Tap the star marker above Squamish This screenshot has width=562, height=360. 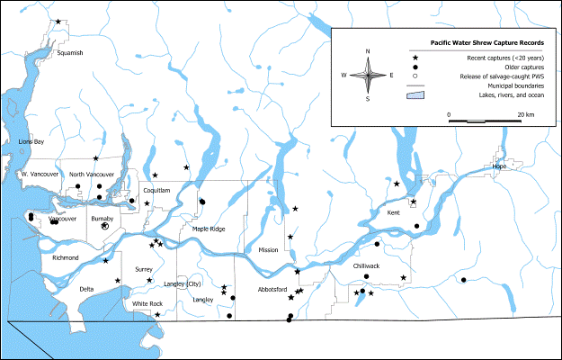pos(58,22)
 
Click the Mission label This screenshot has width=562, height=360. pos(268,249)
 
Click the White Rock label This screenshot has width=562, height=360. pos(147,304)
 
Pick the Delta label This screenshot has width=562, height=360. pos(86,289)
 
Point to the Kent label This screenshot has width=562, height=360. pos(393,212)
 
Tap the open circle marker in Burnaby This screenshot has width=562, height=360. pos(105,228)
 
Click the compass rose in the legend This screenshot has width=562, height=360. pos(368,75)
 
